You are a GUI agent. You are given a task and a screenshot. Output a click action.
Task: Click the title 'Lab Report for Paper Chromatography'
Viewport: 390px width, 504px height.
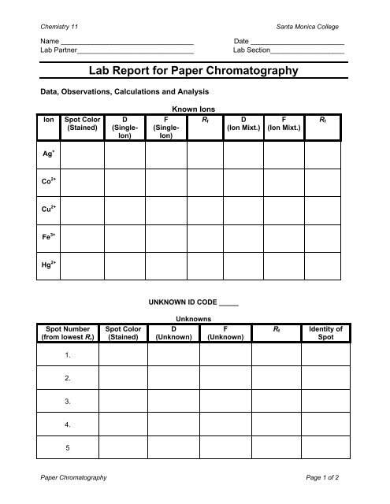(x=195, y=70)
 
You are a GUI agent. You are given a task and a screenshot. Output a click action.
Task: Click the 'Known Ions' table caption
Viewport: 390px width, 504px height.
(x=194, y=110)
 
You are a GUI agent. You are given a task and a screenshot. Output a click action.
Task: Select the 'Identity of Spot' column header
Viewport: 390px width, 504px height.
(x=325, y=332)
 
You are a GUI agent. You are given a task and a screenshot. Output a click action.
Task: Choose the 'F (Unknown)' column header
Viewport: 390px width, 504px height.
(x=225, y=332)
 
